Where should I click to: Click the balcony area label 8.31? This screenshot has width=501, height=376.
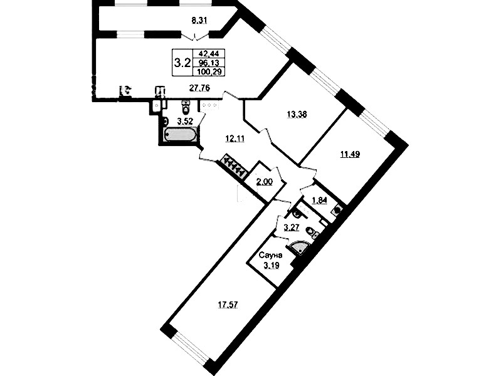[x=199, y=21]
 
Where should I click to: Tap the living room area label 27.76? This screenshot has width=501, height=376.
[x=199, y=88]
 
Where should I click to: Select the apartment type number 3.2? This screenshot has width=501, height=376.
[x=182, y=63]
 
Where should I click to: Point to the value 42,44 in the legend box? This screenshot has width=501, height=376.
[x=208, y=54]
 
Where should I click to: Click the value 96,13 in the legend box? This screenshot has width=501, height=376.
[x=208, y=63]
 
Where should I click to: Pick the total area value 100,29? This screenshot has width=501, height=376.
[x=209, y=72]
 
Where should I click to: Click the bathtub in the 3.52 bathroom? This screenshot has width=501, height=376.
[x=179, y=135]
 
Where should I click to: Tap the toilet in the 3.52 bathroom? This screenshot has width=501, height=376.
[x=185, y=107]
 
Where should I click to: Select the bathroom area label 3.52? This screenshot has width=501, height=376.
[x=186, y=122]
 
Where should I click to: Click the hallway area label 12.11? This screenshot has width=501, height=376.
[x=235, y=139]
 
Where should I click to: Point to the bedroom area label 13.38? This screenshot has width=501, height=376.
[x=297, y=114]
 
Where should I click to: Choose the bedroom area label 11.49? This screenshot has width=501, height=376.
[x=350, y=155]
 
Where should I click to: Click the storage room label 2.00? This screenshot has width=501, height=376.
[x=264, y=182]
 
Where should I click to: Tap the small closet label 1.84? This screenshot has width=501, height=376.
[x=319, y=201]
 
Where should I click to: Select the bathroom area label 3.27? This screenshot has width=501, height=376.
[x=292, y=227]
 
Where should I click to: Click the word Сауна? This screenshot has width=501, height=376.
[x=271, y=255]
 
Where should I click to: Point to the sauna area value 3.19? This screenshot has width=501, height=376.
[x=271, y=265]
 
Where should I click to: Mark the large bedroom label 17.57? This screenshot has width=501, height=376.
[x=228, y=305]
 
